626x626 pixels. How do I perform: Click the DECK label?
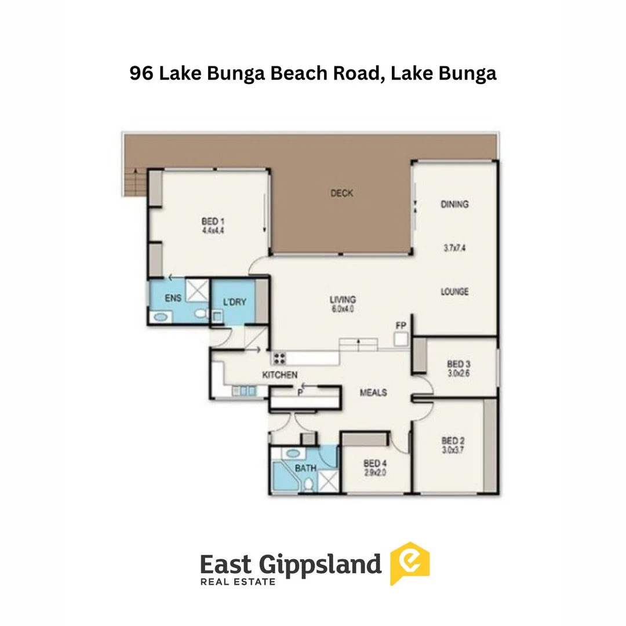pyautogui.click(x=342, y=193)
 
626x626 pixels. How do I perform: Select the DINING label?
pyautogui.click(x=454, y=204)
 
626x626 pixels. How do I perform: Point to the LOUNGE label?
pyautogui.click(x=454, y=292)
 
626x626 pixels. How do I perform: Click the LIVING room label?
pyautogui.click(x=343, y=300)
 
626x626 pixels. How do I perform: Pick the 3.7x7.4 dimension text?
pyautogui.click(x=454, y=248)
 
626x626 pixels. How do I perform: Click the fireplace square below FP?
pyautogui.click(x=401, y=339)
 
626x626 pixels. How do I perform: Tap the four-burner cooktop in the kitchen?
pyautogui.click(x=279, y=358)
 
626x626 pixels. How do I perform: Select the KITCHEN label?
pyautogui.click(x=279, y=375)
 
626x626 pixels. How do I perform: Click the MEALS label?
pyautogui.click(x=373, y=392)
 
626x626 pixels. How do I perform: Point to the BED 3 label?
pyautogui.click(x=458, y=364)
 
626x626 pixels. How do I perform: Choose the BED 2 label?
pyautogui.click(x=453, y=441)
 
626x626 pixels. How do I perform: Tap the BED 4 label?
pyautogui.click(x=375, y=464)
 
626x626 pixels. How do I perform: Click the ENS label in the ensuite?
pyautogui.click(x=173, y=298)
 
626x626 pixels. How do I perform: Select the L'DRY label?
pyautogui.click(x=234, y=302)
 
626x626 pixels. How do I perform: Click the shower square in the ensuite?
pyautogui.click(x=197, y=290)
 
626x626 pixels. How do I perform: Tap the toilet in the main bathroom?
pyautogui.click(x=308, y=484)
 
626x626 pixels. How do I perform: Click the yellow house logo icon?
pyautogui.click(x=410, y=563)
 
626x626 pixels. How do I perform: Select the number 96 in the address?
pyautogui.click(x=141, y=73)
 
